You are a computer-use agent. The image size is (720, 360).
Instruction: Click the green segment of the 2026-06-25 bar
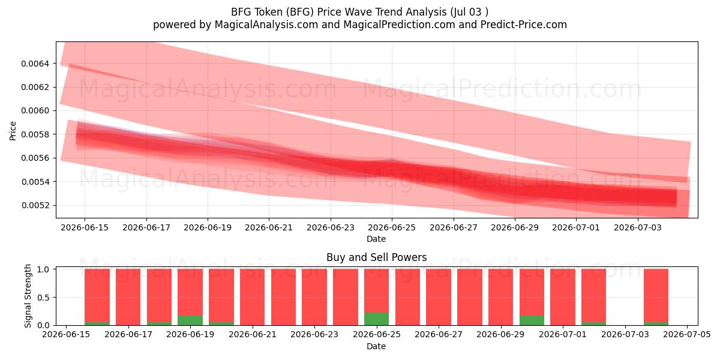point(376,319)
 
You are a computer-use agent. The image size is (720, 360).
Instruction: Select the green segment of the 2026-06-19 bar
point(190,320)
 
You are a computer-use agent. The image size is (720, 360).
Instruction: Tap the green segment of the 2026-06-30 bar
point(532,320)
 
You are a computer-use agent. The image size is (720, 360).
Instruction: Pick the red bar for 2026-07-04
point(656,295)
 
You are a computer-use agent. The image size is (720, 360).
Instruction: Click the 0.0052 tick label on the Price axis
point(35,205)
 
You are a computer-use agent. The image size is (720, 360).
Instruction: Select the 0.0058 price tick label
point(35,134)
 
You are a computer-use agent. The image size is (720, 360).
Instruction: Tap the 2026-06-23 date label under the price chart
point(331,227)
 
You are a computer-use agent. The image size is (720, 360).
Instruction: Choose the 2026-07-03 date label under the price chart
point(638,227)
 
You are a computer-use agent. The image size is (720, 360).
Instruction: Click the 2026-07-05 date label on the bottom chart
point(687,335)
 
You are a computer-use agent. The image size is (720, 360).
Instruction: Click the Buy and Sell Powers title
point(376,257)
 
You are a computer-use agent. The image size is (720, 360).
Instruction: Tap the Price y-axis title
point(13,131)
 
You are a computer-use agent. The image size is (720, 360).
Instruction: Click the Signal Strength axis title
point(28,296)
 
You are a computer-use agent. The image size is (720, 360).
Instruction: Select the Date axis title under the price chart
point(376,239)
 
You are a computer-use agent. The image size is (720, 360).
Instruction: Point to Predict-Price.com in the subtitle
point(523,25)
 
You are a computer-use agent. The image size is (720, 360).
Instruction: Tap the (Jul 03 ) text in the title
point(469,12)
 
